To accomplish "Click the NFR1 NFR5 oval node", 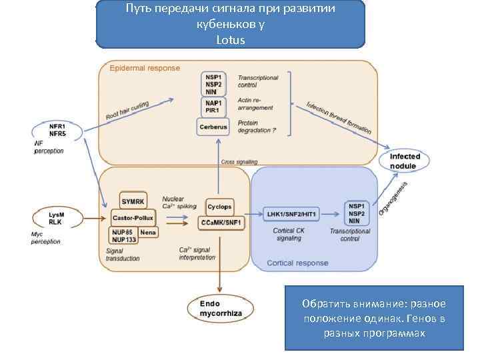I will pos(57,129).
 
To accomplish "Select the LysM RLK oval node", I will pos(57,218).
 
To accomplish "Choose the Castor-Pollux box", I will pos(133,218).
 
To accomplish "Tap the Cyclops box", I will pos(219,207).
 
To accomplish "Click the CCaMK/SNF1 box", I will pos(221,223).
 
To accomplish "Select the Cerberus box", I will pos(213,126).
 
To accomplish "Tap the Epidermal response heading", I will pos(145,68).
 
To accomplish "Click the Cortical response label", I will pos(297,263).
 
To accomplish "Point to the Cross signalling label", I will pos(239,162).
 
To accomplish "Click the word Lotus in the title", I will pos(231,40).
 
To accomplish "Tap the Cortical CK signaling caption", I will pos(289,234).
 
